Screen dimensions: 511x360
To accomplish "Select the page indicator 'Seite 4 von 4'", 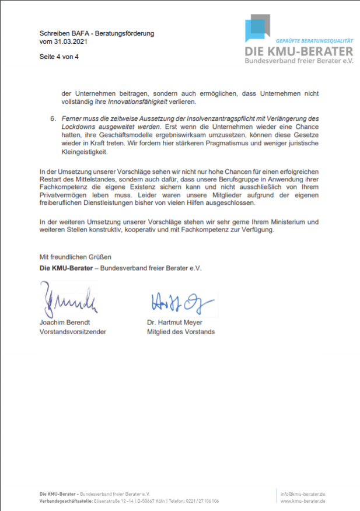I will tap(59, 57).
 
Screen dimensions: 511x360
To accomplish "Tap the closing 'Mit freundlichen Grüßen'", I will tap(75, 257).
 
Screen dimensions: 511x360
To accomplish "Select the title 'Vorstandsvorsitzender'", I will tap(73, 332).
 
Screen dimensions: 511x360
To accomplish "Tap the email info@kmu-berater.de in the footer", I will tap(303, 494).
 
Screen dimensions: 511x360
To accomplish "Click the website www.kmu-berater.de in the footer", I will tap(303, 501).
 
